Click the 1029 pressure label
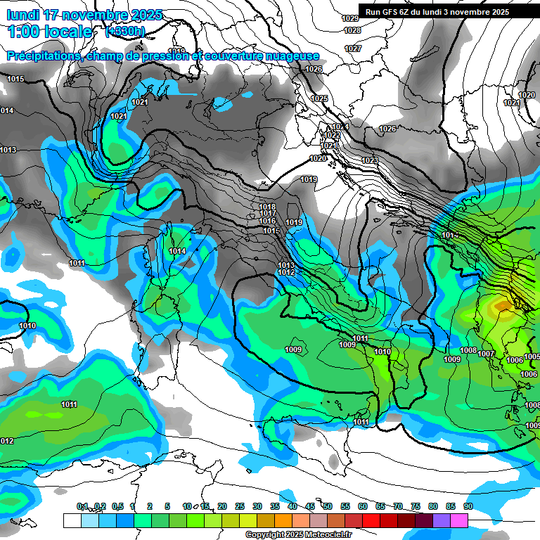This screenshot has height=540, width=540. pos(350,18)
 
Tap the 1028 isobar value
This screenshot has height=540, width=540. pos(353,31)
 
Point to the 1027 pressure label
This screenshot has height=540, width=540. pos(353,49)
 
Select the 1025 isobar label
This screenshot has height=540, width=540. pos(320,98)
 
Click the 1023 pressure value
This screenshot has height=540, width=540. pos(370,161)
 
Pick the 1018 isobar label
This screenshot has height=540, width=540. pos(267,207)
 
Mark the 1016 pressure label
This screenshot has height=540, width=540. pos(267,221)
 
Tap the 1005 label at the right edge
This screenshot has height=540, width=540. pos(532,357)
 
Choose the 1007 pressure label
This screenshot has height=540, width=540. pos(487,354)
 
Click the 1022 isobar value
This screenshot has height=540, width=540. pos(332,135)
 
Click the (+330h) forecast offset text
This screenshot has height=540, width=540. pos(126,32)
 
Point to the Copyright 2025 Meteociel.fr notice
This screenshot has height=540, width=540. pos(298,535)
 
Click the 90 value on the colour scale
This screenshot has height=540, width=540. pos(468,506)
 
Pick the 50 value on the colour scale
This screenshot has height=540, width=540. pos(328,506)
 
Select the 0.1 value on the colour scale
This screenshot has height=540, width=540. pos(82,506)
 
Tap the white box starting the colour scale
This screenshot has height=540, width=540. pos(72,520)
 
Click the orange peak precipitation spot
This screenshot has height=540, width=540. pos(501,305)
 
